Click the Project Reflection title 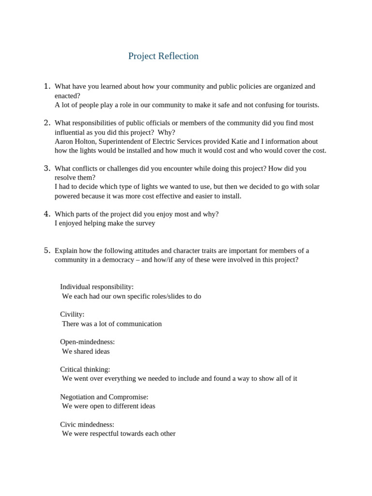pos(163,56)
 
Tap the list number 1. pos(47,86)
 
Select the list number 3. pos(47,169)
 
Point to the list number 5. pos(47,250)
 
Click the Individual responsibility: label pos(97,287)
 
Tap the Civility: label pos(72,314)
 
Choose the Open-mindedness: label pos(87,342)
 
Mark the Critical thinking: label pos(85,370)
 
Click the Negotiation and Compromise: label pos(104,397)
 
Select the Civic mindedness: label pos(87,425)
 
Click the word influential pos(73,132)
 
